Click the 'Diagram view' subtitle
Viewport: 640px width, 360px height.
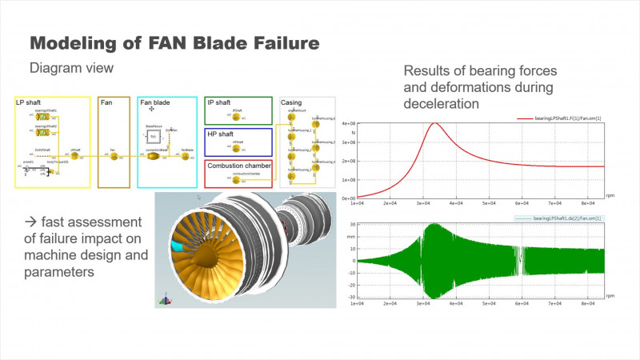(70, 68)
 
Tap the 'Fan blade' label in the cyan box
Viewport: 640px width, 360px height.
(157, 103)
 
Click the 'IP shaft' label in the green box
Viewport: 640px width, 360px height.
(220, 103)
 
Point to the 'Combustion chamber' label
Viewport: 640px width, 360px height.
(238, 166)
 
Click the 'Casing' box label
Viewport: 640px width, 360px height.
(293, 103)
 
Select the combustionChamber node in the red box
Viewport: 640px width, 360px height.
(236, 180)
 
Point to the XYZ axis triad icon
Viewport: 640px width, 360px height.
(166, 300)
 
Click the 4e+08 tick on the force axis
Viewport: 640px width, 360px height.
(348, 124)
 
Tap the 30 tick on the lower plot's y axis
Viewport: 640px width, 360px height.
(350, 225)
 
